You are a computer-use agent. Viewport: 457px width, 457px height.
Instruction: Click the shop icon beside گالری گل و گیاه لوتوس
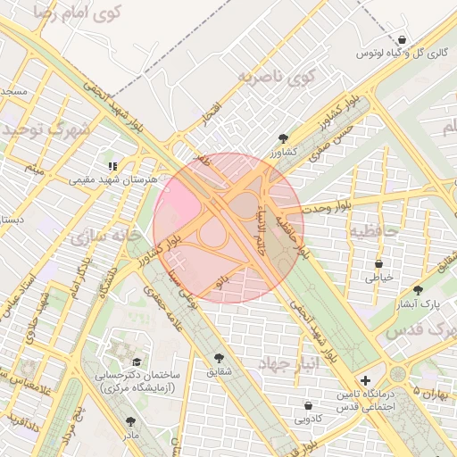403,40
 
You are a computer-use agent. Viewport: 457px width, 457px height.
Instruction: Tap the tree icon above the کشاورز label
284,138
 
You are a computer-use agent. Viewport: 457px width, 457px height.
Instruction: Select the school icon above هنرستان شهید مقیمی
113,166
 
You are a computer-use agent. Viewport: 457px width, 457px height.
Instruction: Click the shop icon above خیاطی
379,263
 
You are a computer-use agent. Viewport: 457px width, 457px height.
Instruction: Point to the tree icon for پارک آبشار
418,290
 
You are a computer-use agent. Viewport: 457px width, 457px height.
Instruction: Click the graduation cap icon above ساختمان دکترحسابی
137,362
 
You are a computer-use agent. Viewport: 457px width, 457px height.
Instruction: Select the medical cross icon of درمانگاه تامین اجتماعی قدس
364,381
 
